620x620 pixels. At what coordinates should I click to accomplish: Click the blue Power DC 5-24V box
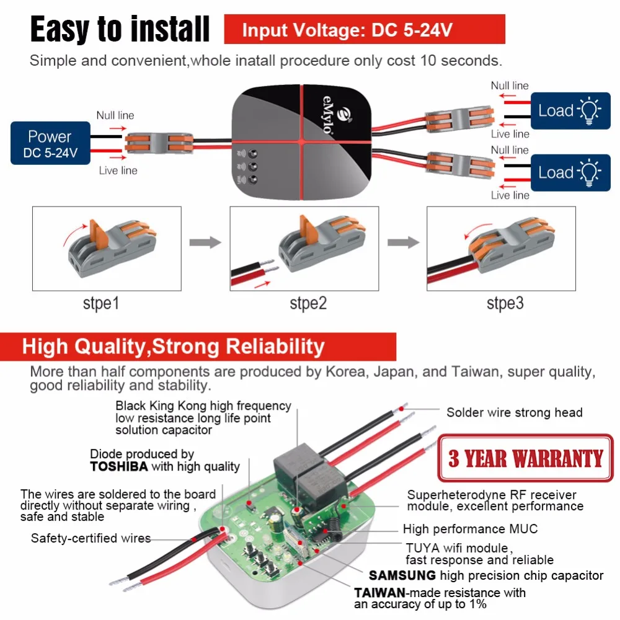[x=50, y=143]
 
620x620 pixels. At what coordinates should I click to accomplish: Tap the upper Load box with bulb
[x=570, y=111]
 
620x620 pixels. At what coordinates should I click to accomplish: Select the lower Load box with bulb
[x=570, y=172]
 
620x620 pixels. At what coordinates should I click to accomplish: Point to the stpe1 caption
[x=101, y=304]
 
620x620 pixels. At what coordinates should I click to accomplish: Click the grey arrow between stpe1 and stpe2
[x=205, y=242]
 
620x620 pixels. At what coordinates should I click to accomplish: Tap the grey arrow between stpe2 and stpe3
[x=403, y=242]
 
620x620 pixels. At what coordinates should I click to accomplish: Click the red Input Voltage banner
[x=365, y=30]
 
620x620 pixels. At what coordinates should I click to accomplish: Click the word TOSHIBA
[x=119, y=467]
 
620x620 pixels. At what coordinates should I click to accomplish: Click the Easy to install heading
[x=120, y=29]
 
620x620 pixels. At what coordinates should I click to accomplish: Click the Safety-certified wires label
[x=91, y=538]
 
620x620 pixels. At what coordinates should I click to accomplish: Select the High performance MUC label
[x=470, y=529]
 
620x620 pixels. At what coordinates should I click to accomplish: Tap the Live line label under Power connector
[x=118, y=170]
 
